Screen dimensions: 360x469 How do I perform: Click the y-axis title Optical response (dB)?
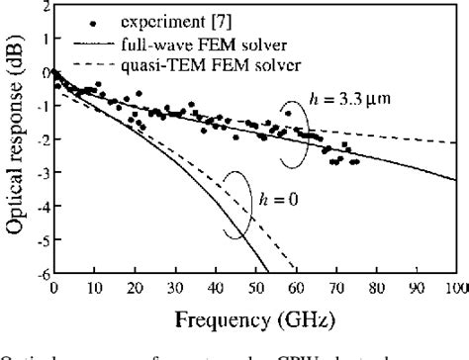click(x=14, y=138)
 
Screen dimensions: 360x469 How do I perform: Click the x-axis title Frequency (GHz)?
click(x=255, y=318)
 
